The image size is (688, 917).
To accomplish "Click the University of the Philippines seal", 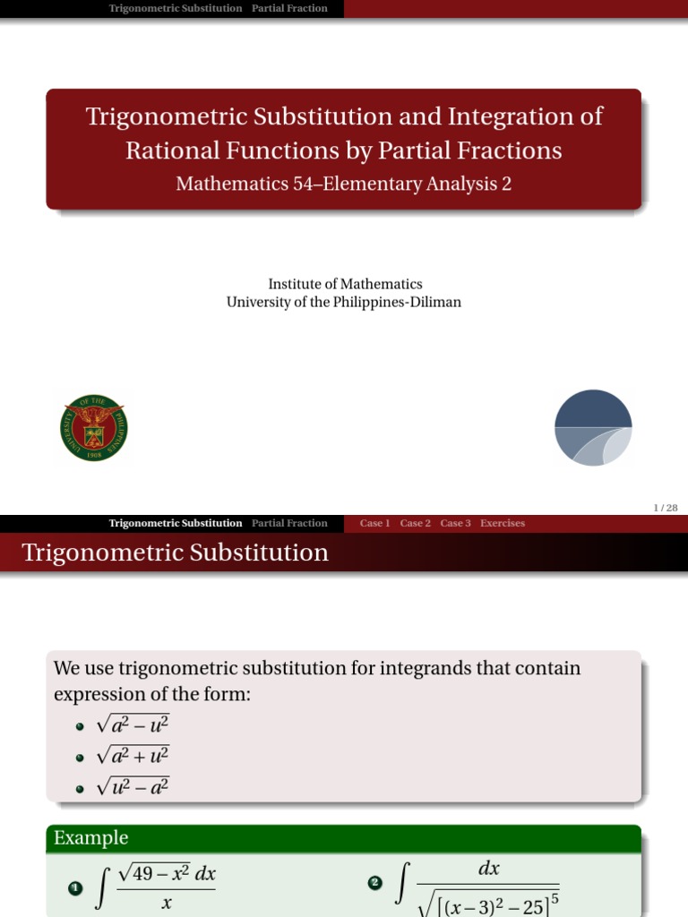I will coord(93,428).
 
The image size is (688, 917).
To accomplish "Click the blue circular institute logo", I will coord(593,428).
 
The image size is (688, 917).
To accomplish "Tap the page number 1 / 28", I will coord(666,508).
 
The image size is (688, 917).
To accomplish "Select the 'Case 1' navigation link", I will coord(374,523).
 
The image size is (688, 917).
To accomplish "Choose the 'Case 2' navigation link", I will coord(415,523).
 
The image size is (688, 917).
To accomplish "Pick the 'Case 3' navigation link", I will coord(455,523).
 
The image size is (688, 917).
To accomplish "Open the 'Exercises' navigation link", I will coord(503,523).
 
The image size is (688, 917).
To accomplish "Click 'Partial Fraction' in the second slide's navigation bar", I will coord(289,523).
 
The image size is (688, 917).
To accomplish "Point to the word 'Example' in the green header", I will coord(90,838).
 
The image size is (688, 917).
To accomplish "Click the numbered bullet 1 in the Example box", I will coord(75,888).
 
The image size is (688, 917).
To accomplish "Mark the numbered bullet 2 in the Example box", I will coord(375,884).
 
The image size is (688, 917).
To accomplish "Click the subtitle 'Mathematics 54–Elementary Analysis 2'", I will coord(344,184).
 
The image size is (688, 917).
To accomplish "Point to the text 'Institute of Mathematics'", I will coord(345,284).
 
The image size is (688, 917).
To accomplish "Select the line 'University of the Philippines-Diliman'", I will coord(344,302).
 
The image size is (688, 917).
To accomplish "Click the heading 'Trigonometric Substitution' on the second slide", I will coord(175,553).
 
